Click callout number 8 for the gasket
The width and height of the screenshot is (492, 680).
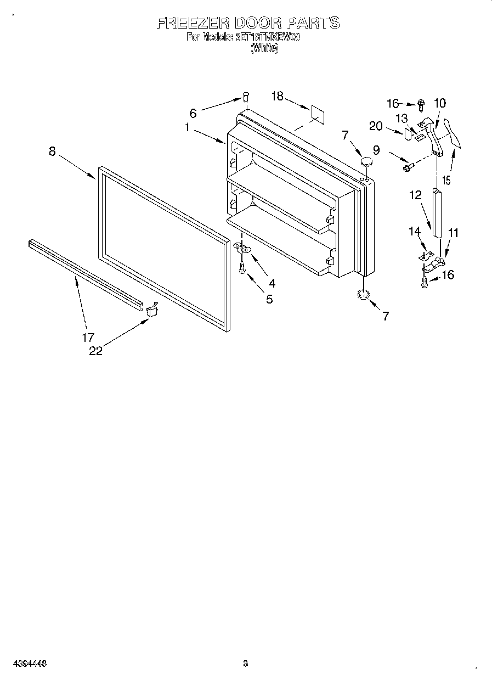pyautogui.click(x=52, y=151)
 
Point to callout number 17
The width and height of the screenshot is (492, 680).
pyautogui.click(x=88, y=337)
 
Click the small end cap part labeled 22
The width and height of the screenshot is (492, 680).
pyautogui.click(x=152, y=311)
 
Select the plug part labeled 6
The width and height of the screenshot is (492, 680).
pyautogui.click(x=246, y=98)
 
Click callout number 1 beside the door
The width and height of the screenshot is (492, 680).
pyautogui.click(x=187, y=127)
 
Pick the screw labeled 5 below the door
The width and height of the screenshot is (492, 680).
pyautogui.click(x=242, y=268)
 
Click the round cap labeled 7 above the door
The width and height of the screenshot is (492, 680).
pyautogui.click(x=366, y=161)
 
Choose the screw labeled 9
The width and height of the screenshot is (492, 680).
pyautogui.click(x=406, y=167)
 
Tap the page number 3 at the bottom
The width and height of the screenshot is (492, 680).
pyautogui.click(x=246, y=664)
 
